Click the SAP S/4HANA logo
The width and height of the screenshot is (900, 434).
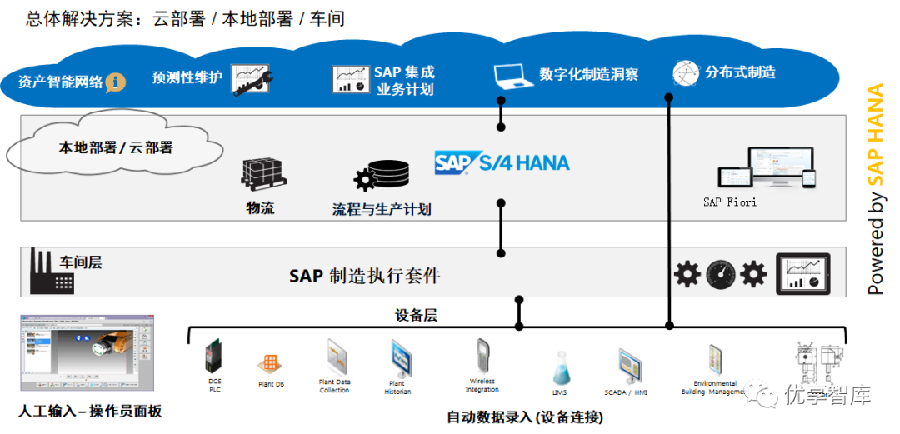click(x=502, y=162)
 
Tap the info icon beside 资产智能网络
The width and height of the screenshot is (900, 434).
click(x=116, y=82)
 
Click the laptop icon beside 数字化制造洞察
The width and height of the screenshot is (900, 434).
click(x=512, y=76)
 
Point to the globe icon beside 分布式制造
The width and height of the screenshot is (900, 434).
click(x=685, y=73)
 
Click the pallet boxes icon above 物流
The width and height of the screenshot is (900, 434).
click(x=263, y=173)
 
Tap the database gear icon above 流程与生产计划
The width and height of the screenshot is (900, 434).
click(x=382, y=176)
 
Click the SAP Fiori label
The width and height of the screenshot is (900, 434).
click(x=730, y=202)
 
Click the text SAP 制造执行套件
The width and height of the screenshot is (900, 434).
click(x=364, y=276)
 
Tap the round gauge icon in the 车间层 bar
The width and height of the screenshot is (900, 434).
click(x=720, y=274)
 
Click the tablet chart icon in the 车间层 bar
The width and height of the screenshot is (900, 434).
click(x=803, y=274)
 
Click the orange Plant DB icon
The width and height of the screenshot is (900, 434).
click(x=268, y=364)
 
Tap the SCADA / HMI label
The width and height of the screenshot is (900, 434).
click(x=626, y=392)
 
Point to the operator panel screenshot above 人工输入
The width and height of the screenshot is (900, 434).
click(x=87, y=352)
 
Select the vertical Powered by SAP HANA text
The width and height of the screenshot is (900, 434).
click(x=875, y=189)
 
